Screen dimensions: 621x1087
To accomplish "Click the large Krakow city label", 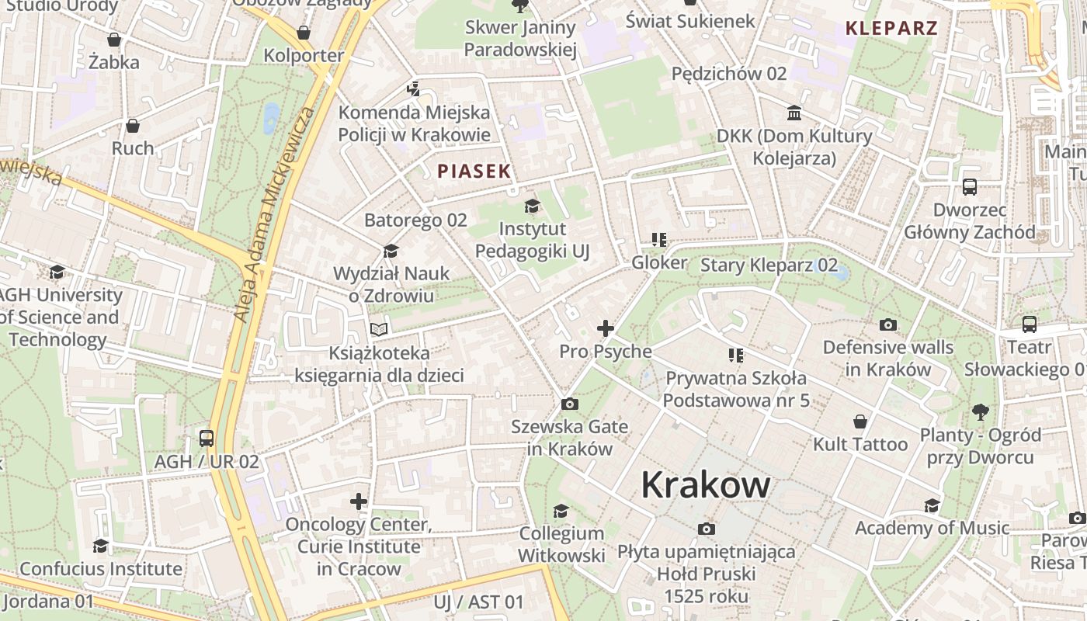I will point(706,484).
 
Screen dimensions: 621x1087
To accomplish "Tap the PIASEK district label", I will point(474,172).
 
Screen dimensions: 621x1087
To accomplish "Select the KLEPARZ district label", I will point(891,29).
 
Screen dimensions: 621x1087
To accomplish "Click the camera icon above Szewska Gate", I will point(569,404).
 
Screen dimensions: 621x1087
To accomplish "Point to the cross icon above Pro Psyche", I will point(606,328).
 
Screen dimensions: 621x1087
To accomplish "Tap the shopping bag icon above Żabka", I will point(114,40).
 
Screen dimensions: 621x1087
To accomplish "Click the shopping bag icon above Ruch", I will point(133,125).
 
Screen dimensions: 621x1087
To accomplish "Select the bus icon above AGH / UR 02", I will point(206,439).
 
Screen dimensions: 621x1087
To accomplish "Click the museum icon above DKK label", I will point(794,113).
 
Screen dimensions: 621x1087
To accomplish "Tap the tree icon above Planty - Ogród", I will point(981,411).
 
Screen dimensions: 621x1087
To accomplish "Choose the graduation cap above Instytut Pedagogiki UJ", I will point(532,206).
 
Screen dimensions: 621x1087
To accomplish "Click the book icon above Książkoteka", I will point(378,330).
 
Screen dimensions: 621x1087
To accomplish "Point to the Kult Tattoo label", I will point(860,445).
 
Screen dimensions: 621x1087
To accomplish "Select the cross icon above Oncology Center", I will point(358,501).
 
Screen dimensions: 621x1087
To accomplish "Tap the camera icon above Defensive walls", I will point(888,324).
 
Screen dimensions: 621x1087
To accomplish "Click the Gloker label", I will point(659,262).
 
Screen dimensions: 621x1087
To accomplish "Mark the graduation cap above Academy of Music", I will point(932,506).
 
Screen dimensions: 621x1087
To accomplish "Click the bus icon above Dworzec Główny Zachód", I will point(970,186).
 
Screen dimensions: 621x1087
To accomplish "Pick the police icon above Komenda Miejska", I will point(414,89).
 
